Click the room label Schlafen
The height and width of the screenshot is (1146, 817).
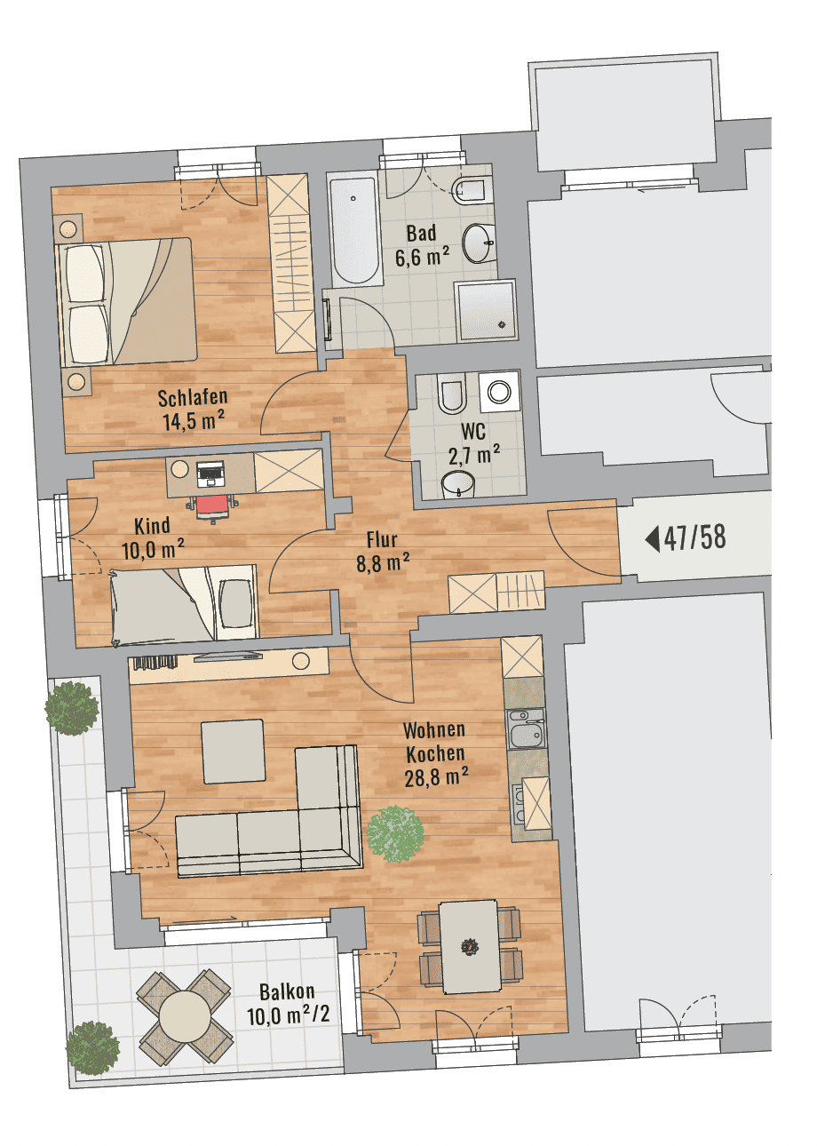(x=192, y=397)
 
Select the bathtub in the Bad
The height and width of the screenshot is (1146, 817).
(x=356, y=232)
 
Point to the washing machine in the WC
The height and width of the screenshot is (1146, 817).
(x=499, y=392)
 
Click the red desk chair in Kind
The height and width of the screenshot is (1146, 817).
(x=212, y=507)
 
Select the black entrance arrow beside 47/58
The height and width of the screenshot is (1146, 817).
(x=653, y=538)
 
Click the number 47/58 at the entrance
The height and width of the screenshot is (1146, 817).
(x=694, y=538)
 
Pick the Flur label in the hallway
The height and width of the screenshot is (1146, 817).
(x=382, y=539)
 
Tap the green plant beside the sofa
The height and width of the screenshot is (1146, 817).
(x=395, y=834)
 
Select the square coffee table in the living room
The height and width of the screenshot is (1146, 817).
(x=234, y=751)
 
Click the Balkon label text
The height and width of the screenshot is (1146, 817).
(x=287, y=992)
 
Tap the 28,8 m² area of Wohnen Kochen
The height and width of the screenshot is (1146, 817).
(x=436, y=779)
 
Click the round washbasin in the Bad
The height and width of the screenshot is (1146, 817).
(x=479, y=243)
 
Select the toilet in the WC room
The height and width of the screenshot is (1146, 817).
(x=451, y=395)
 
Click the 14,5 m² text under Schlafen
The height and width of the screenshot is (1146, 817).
(x=194, y=422)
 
